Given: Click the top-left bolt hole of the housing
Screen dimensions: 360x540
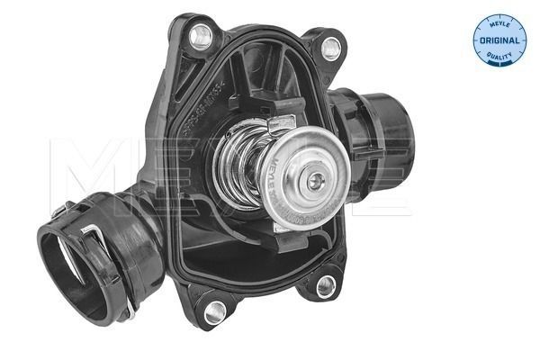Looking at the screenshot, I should coord(201,36).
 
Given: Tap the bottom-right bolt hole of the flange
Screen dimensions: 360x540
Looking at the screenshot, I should coord(325,286).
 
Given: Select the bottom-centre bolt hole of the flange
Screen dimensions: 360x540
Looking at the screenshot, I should coord(214,312).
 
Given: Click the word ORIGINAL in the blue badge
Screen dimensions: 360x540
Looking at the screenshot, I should coord(500,41).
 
